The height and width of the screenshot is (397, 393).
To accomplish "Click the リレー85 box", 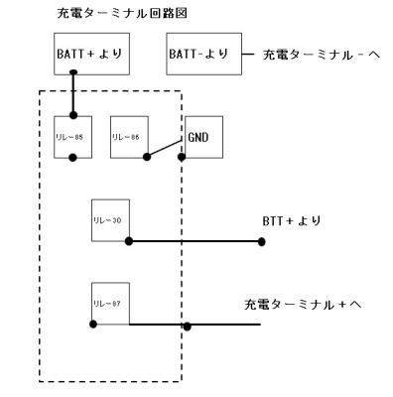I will tap(72, 134).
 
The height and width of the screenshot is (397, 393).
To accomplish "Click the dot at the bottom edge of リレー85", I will tap(72, 158).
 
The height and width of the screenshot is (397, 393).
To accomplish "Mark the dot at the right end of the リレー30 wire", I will tap(261, 241).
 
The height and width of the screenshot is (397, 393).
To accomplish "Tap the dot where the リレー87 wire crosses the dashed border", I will tap(186, 325).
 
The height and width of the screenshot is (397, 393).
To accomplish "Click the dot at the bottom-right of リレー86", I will tap(147, 157).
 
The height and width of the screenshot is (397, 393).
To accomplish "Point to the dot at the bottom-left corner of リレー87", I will tap(92, 324).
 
